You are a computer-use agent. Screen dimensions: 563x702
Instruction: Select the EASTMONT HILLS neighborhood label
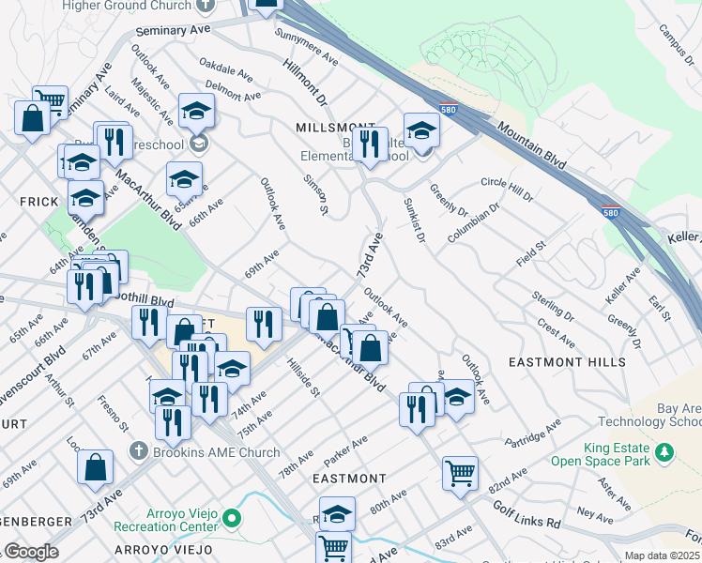[567, 362]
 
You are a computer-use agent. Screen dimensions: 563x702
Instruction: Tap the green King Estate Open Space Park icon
[665, 453]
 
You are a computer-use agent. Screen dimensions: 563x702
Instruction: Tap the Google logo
[32, 551]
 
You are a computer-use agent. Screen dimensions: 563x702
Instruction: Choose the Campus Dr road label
[674, 38]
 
